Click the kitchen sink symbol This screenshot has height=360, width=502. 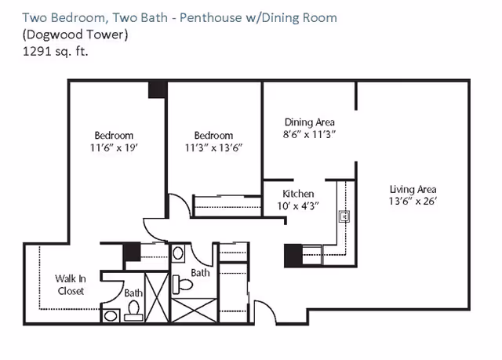344,216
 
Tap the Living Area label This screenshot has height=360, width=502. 413,190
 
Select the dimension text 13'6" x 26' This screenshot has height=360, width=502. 413,202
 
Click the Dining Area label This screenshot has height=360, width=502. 309,122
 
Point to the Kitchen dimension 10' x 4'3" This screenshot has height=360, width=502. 298,205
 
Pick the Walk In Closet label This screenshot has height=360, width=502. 70,285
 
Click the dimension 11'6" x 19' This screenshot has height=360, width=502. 114,147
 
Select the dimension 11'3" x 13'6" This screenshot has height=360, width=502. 213,147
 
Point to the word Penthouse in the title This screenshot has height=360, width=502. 210,17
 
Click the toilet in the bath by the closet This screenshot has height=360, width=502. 133,311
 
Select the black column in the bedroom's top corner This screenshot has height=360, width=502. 158,89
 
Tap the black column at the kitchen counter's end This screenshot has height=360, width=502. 293,255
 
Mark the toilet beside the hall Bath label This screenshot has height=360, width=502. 182,284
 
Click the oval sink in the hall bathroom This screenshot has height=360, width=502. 178,253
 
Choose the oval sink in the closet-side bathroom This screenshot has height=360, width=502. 111,316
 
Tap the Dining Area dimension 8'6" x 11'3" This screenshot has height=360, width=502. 309,134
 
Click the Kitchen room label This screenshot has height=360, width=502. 298,194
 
